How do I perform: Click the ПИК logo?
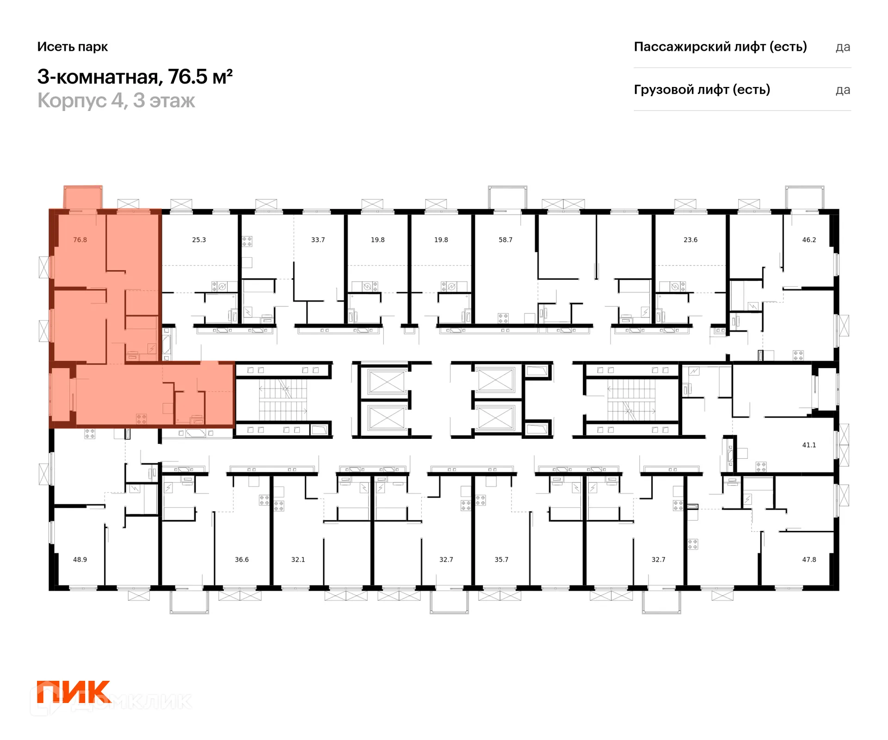(x=74, y=691)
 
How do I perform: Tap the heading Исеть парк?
(x=73, y=47)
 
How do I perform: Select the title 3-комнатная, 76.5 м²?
(x=135, y=77)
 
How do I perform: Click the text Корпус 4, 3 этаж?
(x=116, y=100)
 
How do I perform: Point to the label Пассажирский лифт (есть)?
(x=720, y=47)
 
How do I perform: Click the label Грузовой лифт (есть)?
(x=702, y=89)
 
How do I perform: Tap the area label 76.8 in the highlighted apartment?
(x=80, y=240)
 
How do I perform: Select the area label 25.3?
(x=199, y=240)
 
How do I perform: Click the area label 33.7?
(x=318, y=240)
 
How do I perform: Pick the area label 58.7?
(x=506, y=240)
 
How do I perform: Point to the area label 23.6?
(x=691, y=240)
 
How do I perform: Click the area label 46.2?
(x=809, y=240)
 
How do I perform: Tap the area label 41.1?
(x=809, y=445)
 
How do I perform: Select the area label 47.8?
(x=809, y=560)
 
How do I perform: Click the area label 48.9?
(x=80, y=560)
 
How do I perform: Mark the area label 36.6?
(x=241, y=560)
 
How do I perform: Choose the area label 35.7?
(x=501, y=560)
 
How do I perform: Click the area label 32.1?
(x=298, y=560)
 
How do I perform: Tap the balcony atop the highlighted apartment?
(x=83, y=198)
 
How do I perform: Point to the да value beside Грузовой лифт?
(x=843, y=90)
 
